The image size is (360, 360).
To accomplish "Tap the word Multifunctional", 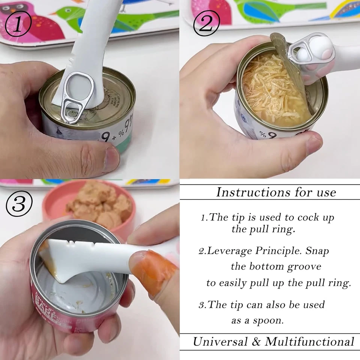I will pos(310,342).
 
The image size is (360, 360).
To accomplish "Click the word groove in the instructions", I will pos(304,267).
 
